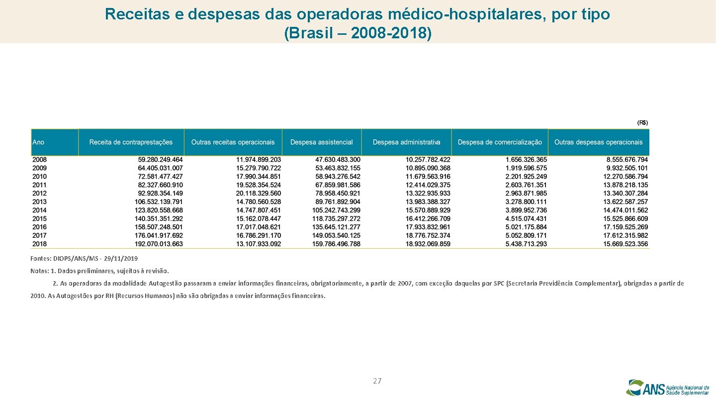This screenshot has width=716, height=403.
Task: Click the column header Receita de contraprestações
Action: pyautogui.click(x=131, y=142)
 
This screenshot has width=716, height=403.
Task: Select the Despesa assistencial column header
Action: pyautogui.click(x=321, y=142)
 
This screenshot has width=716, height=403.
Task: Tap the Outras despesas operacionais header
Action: pyautogui.click(x=598, y=142)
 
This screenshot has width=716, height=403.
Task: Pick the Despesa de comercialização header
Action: pyautogui.click(x=500, y=142)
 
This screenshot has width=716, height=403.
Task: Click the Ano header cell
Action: pyautogui.click(x=39, y=142)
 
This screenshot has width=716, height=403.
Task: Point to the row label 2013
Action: pyautogui.click(x=40, y=201)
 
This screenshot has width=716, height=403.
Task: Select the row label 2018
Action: pyautogui.click(x=40, y=244)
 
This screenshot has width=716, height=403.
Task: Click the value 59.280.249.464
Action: pyautogui.click(x=160, y=160)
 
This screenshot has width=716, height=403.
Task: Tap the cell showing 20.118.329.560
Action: pyautogui.click(x=258, y=193)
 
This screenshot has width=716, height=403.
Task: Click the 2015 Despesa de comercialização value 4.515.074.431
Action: pyautogui.click(x=526, y=218)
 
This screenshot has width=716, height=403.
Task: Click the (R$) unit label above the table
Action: pyautogui.click(x=642, y=122)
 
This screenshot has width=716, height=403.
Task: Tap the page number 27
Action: pyautogui.click(x=377, y=381)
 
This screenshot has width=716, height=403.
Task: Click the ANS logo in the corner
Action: pyautogui.click(x=667, y=388)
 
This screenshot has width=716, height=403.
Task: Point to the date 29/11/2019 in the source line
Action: pyautogui.click(x=121, y=259)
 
